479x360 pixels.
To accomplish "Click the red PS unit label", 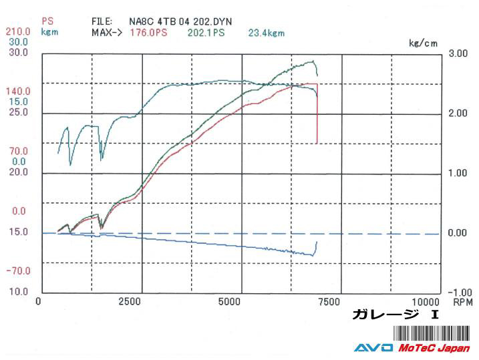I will point(47,21).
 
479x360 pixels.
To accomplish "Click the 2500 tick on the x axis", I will point(130,301).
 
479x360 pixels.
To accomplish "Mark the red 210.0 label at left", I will point(18,31).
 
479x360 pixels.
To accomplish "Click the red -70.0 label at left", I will point(18,271).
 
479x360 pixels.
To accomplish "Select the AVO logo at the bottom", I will point(373,348).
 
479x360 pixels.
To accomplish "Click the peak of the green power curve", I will point(313,61).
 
